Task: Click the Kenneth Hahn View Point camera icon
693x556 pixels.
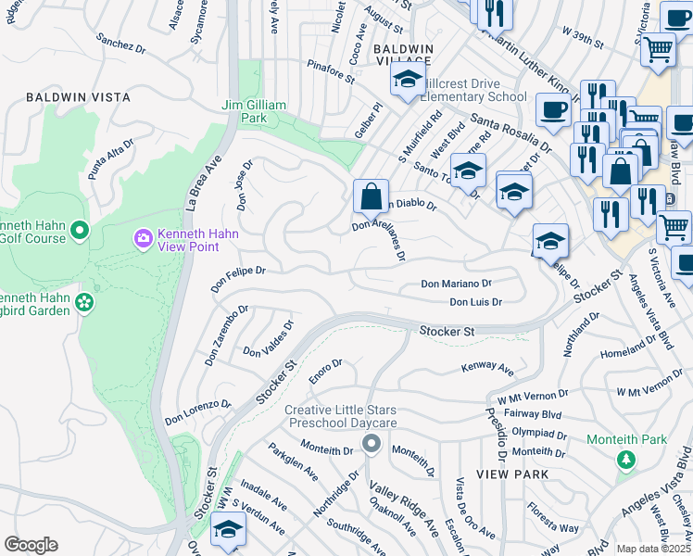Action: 143,239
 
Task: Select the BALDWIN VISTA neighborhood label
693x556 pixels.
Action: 78,97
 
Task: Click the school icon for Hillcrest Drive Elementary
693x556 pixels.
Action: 406,80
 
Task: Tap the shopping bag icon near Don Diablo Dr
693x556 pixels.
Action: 371,196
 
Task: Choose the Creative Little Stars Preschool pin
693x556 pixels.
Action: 372,444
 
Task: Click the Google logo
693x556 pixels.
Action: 31,545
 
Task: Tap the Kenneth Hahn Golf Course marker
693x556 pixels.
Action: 79,229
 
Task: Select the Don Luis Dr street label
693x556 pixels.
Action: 475,302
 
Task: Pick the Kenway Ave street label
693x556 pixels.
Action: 487,369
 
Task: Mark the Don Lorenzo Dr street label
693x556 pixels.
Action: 198,412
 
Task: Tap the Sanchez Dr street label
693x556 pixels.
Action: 120,44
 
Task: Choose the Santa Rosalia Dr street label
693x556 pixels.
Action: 510,133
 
